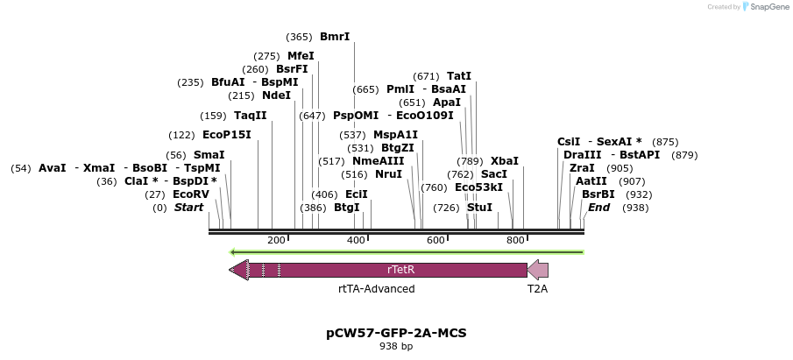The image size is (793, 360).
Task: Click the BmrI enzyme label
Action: click(x=335, y=37)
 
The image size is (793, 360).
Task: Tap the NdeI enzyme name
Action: click(x=276, y=95)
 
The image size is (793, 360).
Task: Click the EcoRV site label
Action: click(x=190, y=194)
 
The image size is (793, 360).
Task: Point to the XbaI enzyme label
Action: click(x=504, y=161)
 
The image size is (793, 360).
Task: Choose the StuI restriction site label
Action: click(x=479, y=208)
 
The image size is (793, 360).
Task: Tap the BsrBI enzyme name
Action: click(x=598, y=194)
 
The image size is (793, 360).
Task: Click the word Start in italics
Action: click(x=188, y=208)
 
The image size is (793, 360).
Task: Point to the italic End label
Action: click(x=599, y=208)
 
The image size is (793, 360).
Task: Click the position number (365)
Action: click(x=299, y=37)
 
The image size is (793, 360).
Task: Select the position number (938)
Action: click(x=635, y=208)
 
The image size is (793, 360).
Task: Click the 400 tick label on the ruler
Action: click(x=356, y=240)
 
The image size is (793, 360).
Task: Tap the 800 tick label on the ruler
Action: click(x=515, y=240)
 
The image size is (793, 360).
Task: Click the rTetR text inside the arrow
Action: click(x=400, y=270)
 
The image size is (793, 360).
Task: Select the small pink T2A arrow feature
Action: click(x=537, y=270)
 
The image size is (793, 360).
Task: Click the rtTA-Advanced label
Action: click(x=376, y=288)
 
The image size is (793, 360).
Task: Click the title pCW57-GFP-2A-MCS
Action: click(x=396, y=333)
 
